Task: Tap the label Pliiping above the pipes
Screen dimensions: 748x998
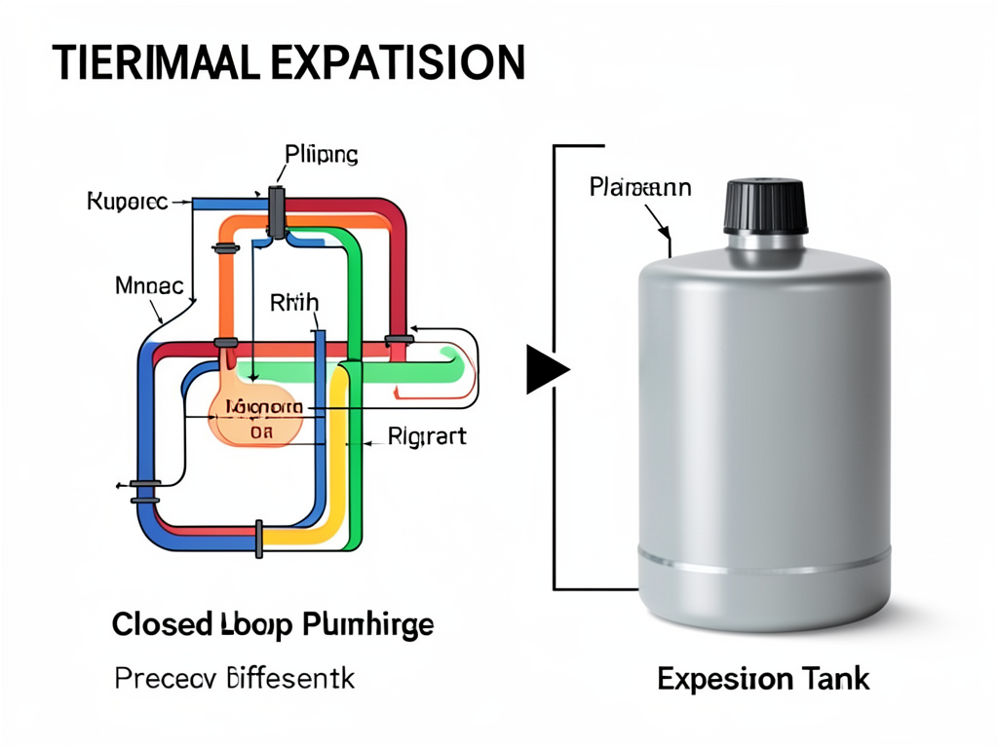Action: (x=322, y=154)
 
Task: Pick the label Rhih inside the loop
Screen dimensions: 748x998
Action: (x=292, y=303)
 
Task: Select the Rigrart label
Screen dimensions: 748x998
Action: (x=427, y=435)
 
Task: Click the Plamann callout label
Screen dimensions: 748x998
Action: (x=640, y=187)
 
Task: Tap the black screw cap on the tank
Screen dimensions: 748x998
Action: (x=765, y=206)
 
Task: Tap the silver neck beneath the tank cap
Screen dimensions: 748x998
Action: (x=765, y=243)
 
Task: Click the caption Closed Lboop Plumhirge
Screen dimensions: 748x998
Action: (x=273, y=624)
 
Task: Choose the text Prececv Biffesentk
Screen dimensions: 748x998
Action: (x=234, y=678)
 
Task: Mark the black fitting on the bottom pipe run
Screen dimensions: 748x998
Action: (x=259, y=539)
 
